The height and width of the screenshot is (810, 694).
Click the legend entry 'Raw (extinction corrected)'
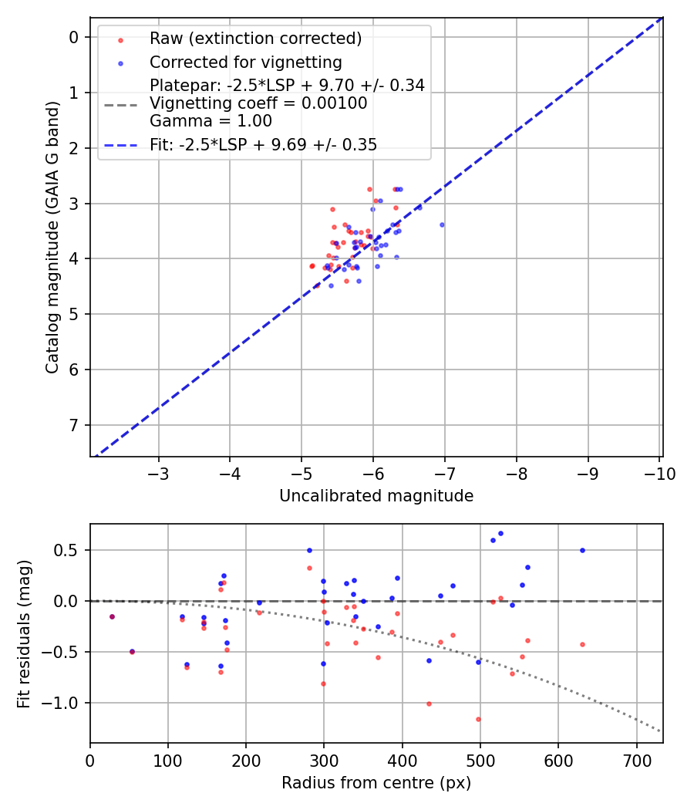[x=255, y=39]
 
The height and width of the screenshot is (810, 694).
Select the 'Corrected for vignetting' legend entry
[x=245, y=62]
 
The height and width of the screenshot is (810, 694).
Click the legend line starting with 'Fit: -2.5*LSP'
[x=263, y=144]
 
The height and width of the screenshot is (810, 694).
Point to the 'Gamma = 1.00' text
[x=211, y=121]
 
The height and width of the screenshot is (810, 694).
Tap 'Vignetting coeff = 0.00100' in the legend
[x=258, y=103]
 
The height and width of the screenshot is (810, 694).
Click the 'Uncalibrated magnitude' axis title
[x=376, y=496]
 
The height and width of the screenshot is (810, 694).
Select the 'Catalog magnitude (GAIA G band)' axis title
[x=52, y=238]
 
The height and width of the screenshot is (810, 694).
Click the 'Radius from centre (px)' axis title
[x=376, y=783]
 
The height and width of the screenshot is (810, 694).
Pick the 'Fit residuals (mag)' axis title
[x=24, y=633]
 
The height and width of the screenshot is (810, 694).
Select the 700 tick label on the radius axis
[x=635, y=760]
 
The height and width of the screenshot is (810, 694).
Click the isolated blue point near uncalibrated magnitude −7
[x=442, y=224]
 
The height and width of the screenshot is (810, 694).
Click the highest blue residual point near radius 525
[x=500, y=533]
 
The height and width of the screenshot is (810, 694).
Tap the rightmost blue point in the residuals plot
[x=582, y=550]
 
